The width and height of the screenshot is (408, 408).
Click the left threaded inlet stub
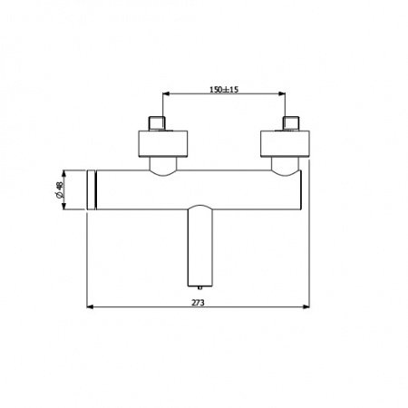click(160, 123)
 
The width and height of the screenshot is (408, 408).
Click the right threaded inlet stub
click(292, 123)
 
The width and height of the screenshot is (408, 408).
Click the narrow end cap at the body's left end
click(91, 189)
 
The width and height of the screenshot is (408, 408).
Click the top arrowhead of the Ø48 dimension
click(65, 170)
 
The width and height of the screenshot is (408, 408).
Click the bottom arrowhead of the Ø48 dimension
click(65, 209)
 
